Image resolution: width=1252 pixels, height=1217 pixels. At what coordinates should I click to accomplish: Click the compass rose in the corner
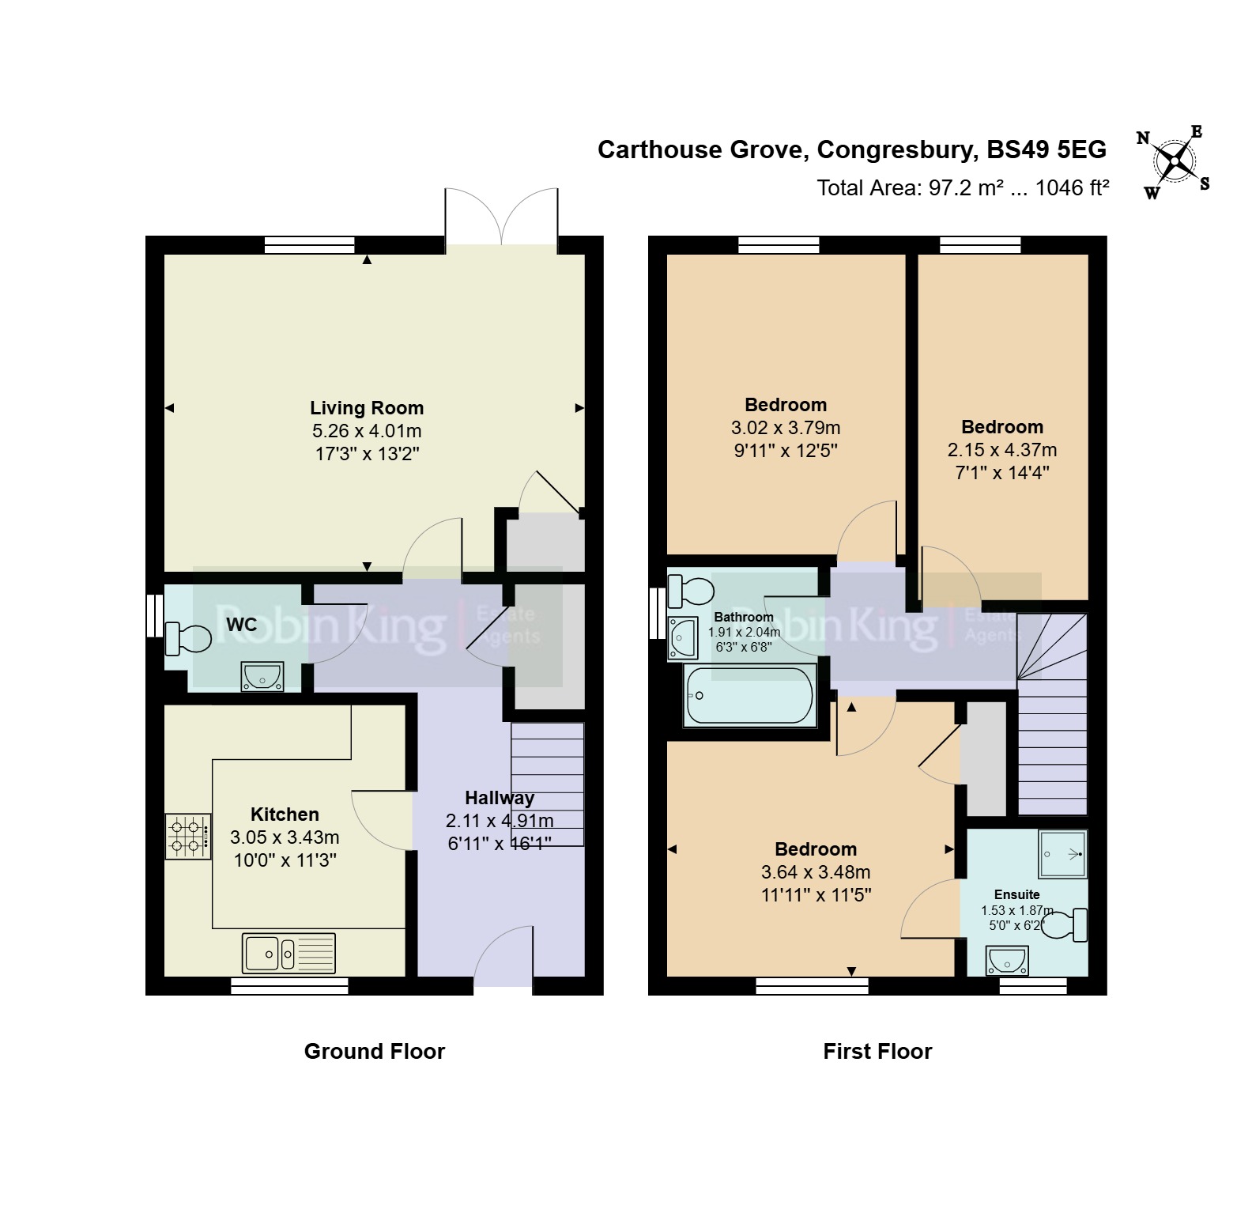pyautogui.click(x=1175, y=162)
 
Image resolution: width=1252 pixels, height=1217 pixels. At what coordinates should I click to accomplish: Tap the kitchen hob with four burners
pyautogui.click(x=188, y=837)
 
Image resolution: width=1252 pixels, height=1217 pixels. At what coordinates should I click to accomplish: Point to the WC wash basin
pyautogui.click(x=262, y=678)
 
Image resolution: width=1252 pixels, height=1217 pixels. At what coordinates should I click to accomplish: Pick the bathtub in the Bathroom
pyautogui.click(x=749, y=696)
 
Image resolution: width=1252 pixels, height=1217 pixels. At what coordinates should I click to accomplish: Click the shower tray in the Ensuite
pyautogui.click(x=1062, y=854)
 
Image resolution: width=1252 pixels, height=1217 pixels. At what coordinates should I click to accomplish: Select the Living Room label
pyautogui.click(x=367, y=408)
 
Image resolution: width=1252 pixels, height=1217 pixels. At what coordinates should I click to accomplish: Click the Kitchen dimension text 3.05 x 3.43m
pyautogui.click(x=285, y=837)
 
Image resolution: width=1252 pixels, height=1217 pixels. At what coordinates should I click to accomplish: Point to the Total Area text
pyautogui.click(x=963, y=187)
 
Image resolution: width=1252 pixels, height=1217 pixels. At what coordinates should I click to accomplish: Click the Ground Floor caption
pyautogui.click(x=375, y=1051)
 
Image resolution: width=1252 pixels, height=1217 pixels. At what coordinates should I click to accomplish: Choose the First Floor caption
pyautogui.click(x=877, y=1051)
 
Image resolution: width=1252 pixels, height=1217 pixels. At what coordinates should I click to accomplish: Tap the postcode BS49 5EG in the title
pyautogui.click(x=1046, y=149)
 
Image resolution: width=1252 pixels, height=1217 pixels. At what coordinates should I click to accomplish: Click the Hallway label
pyautogui.click(x=500, y=798)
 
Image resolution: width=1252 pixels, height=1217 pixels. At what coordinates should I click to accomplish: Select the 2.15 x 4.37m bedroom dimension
pyautogui.click(x=1002, y=450)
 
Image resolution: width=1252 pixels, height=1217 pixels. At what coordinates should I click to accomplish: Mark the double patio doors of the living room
pyautogui.click(x=502, y=220)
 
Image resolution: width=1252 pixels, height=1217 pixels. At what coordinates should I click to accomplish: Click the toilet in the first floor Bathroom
pyautogui.click(x=691, y=590)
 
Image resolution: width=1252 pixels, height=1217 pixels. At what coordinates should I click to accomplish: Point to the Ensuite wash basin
pyautogui.click(x=1007, y=961)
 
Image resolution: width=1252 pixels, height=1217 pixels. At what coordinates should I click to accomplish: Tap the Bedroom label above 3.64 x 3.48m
pyautogui.click(x=816, y=849)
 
